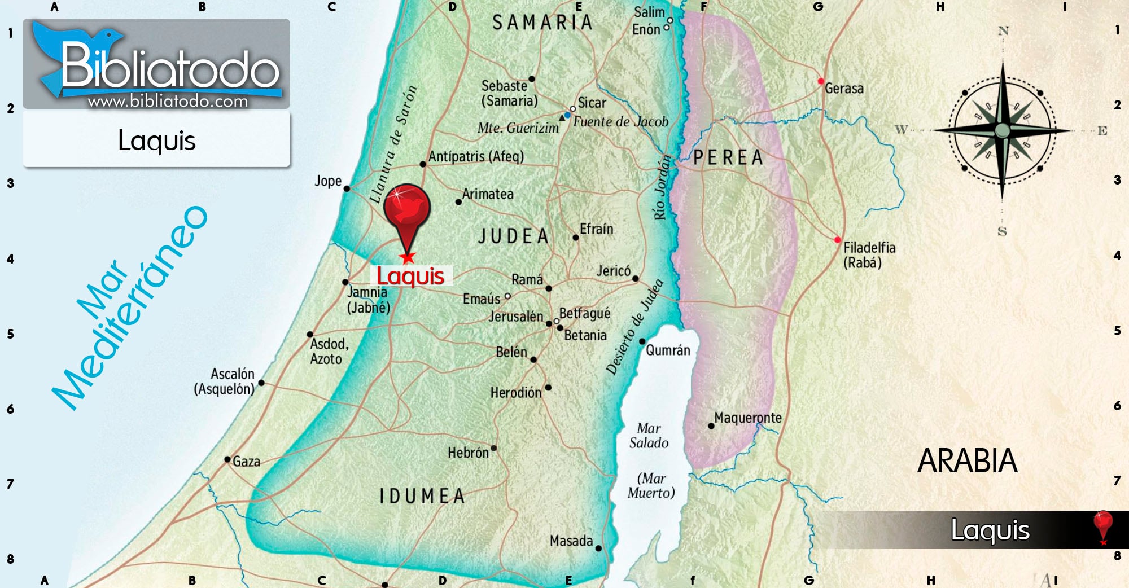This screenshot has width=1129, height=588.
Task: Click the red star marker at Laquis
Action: tap(407, 258)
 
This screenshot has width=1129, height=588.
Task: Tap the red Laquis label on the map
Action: tap(410, 276)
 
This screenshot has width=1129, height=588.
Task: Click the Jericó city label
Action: tap(614, 271)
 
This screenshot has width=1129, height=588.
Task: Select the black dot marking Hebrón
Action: tap(494, 448)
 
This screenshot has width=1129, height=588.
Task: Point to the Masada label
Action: tap(571, 541)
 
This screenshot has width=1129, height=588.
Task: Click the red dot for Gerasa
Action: tap(821, 81)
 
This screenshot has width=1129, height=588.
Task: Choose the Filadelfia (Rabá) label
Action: tap(869, 255)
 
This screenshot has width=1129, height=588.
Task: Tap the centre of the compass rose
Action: tap(1003, 130)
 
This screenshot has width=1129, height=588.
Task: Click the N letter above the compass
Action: tap(1003, 31)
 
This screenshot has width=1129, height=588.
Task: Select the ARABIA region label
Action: tap(967, 461)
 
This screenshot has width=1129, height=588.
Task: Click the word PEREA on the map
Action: tap(728, 157)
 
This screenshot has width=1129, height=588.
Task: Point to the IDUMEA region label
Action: tap(422, 496)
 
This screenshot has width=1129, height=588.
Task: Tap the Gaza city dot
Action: tap(227, 459)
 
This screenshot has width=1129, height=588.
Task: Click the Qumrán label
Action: tap(668, 350)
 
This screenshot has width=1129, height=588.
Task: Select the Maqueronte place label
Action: tap(748, 418)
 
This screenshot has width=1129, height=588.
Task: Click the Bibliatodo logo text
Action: tap(169, 68)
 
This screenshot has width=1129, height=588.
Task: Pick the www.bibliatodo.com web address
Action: tap(168, 102)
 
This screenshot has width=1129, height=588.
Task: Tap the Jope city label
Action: tap(328, 181)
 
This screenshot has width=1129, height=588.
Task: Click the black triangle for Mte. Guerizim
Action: tap(562, 117)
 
